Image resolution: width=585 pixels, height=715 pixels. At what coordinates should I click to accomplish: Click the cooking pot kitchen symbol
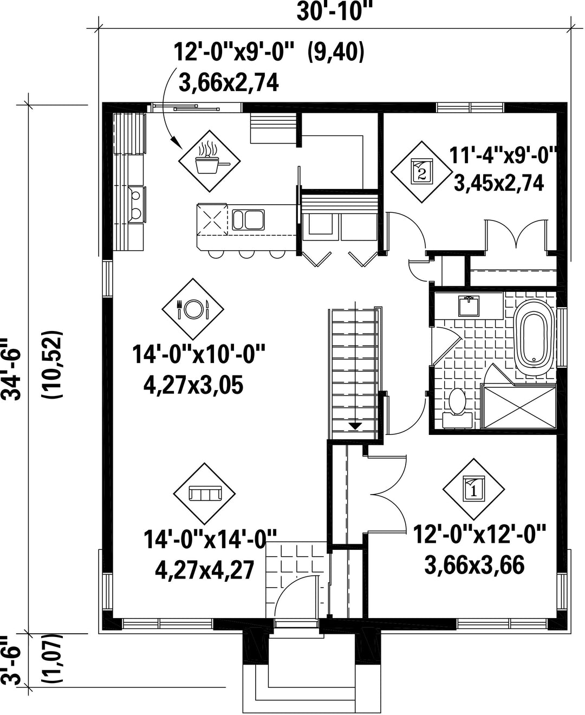point(210,161)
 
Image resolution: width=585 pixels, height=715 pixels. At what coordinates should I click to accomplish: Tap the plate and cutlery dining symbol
point(193,309)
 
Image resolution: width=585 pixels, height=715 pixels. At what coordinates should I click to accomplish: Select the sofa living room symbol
point(205,493)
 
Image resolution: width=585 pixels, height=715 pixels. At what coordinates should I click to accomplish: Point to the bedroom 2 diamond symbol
point(421,172)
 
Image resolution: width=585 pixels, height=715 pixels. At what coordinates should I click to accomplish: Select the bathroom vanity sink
point(469,306)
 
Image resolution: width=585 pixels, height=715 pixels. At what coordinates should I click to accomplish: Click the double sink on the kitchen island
point(248,220)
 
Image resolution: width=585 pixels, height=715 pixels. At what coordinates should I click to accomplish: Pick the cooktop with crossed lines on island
point(212,219)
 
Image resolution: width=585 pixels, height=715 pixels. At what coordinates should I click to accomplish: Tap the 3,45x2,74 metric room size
point(498,184)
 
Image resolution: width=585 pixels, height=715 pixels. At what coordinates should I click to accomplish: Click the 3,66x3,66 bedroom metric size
point(474,565)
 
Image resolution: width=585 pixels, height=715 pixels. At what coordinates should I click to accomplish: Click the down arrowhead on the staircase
point(355,426)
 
